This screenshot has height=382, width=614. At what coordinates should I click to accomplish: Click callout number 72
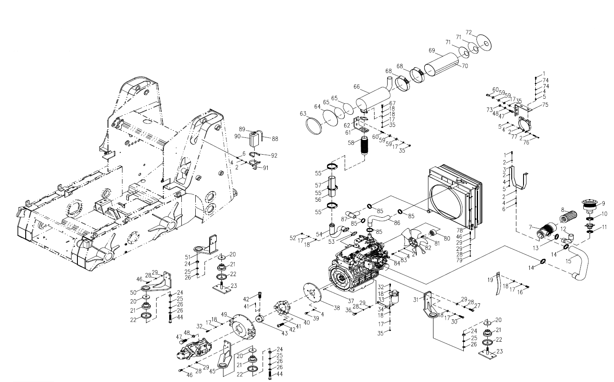(x=469, y=32)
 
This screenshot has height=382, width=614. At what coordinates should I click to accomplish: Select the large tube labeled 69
(x=440, y=63)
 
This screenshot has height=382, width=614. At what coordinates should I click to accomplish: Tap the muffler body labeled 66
(x=370, y=97)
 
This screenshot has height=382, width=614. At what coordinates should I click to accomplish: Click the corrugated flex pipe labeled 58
(x=364, y=148)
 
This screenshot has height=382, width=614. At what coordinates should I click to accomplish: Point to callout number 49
(x=224, y=314)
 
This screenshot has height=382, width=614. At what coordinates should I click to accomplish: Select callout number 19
(x=490, y=279)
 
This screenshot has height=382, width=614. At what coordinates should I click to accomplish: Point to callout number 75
(x=545, y=104)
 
